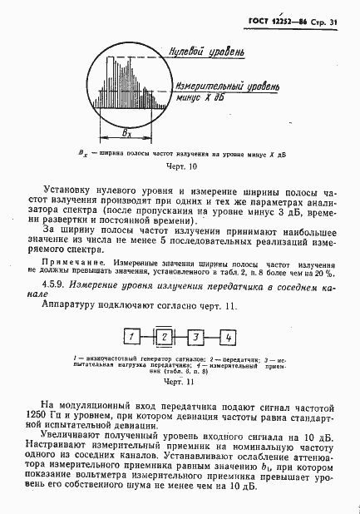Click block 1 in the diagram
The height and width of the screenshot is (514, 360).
click(131, 337)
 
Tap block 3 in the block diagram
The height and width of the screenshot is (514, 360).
click(194, 337)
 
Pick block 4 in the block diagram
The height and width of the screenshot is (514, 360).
click(225, 337)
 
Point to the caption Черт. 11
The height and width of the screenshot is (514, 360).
click(178, 383)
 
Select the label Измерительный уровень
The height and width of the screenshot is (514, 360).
click(214, 84)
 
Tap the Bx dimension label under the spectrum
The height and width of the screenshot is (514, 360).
click(126, 131)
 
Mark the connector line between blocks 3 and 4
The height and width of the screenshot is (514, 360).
click(210, 337)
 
